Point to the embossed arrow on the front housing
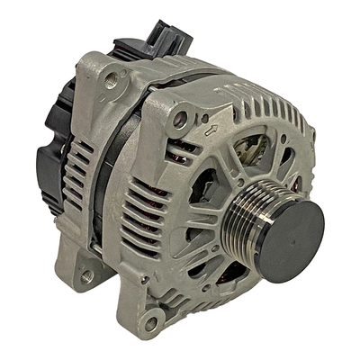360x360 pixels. point(211,132)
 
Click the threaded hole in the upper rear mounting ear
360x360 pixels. point(112,80)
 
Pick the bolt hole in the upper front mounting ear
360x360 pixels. point(181,118)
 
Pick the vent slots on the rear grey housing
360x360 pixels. point(81,171)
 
